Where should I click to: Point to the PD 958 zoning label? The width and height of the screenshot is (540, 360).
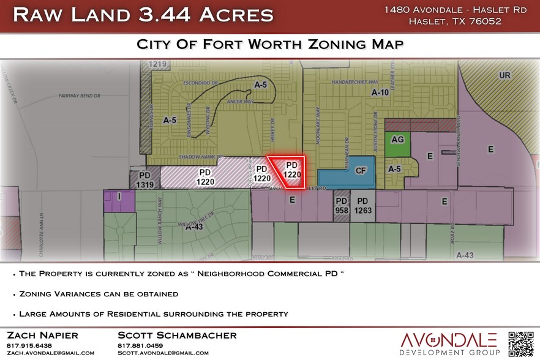point(341,205)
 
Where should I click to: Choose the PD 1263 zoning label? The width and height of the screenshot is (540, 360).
point(362,205)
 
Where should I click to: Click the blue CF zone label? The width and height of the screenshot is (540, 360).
point(361,171)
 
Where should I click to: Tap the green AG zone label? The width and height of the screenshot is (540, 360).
point(397,140)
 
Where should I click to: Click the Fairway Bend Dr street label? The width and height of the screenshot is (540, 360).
point(82,96)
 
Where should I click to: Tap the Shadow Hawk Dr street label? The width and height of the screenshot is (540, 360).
point(198,157)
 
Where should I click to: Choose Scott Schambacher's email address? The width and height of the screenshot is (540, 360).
point(163,353)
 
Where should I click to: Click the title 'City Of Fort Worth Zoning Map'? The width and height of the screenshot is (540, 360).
point(269,45)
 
